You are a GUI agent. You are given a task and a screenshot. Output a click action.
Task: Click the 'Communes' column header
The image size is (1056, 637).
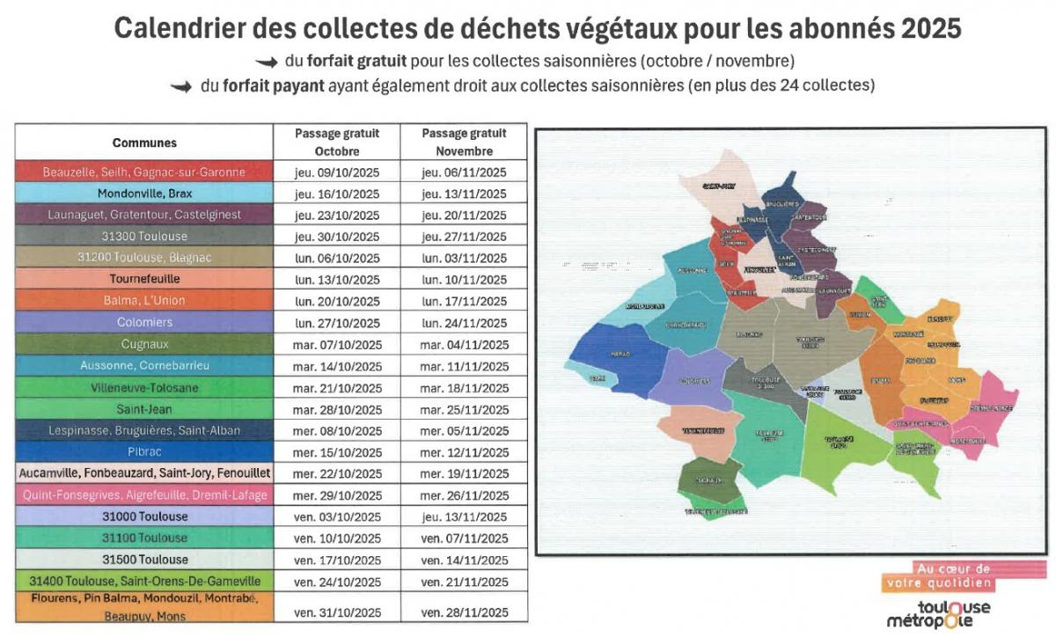(x=144, y=143)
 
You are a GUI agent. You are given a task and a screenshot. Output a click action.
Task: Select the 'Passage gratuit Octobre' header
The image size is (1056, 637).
(x=337, y=143)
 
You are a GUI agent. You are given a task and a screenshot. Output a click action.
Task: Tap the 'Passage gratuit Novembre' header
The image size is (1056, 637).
(x=464, y=143)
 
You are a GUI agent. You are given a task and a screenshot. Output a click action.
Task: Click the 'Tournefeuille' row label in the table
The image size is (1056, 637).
(x=144, y=279)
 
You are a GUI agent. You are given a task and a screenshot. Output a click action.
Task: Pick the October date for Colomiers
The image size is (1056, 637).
(x=337, y=323)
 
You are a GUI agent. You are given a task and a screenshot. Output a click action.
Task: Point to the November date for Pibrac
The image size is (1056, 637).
(x=464, y=452)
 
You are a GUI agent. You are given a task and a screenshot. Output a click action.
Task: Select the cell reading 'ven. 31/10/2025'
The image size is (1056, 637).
(x=337, y=612)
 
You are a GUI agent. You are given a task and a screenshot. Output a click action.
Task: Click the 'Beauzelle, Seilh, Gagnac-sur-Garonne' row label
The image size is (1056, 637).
(x=144, y=172)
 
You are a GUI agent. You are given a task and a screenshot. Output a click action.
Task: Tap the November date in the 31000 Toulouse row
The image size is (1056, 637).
(x=464, y=516)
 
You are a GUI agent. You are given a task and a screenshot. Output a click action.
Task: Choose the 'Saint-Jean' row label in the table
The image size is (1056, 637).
(x=144, y=409)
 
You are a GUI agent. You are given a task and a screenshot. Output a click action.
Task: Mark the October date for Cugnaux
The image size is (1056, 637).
(x=337, y=345)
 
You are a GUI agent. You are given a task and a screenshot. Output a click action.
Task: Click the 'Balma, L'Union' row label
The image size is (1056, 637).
(x=144, y=301)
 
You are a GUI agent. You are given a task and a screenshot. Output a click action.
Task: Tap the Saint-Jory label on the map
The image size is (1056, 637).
(x=718, y=187)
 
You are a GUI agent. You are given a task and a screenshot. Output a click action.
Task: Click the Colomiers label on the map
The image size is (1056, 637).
(x=694, y=381)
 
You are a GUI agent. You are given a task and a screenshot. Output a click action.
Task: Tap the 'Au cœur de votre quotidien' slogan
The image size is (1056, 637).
(x=938, y=575)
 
